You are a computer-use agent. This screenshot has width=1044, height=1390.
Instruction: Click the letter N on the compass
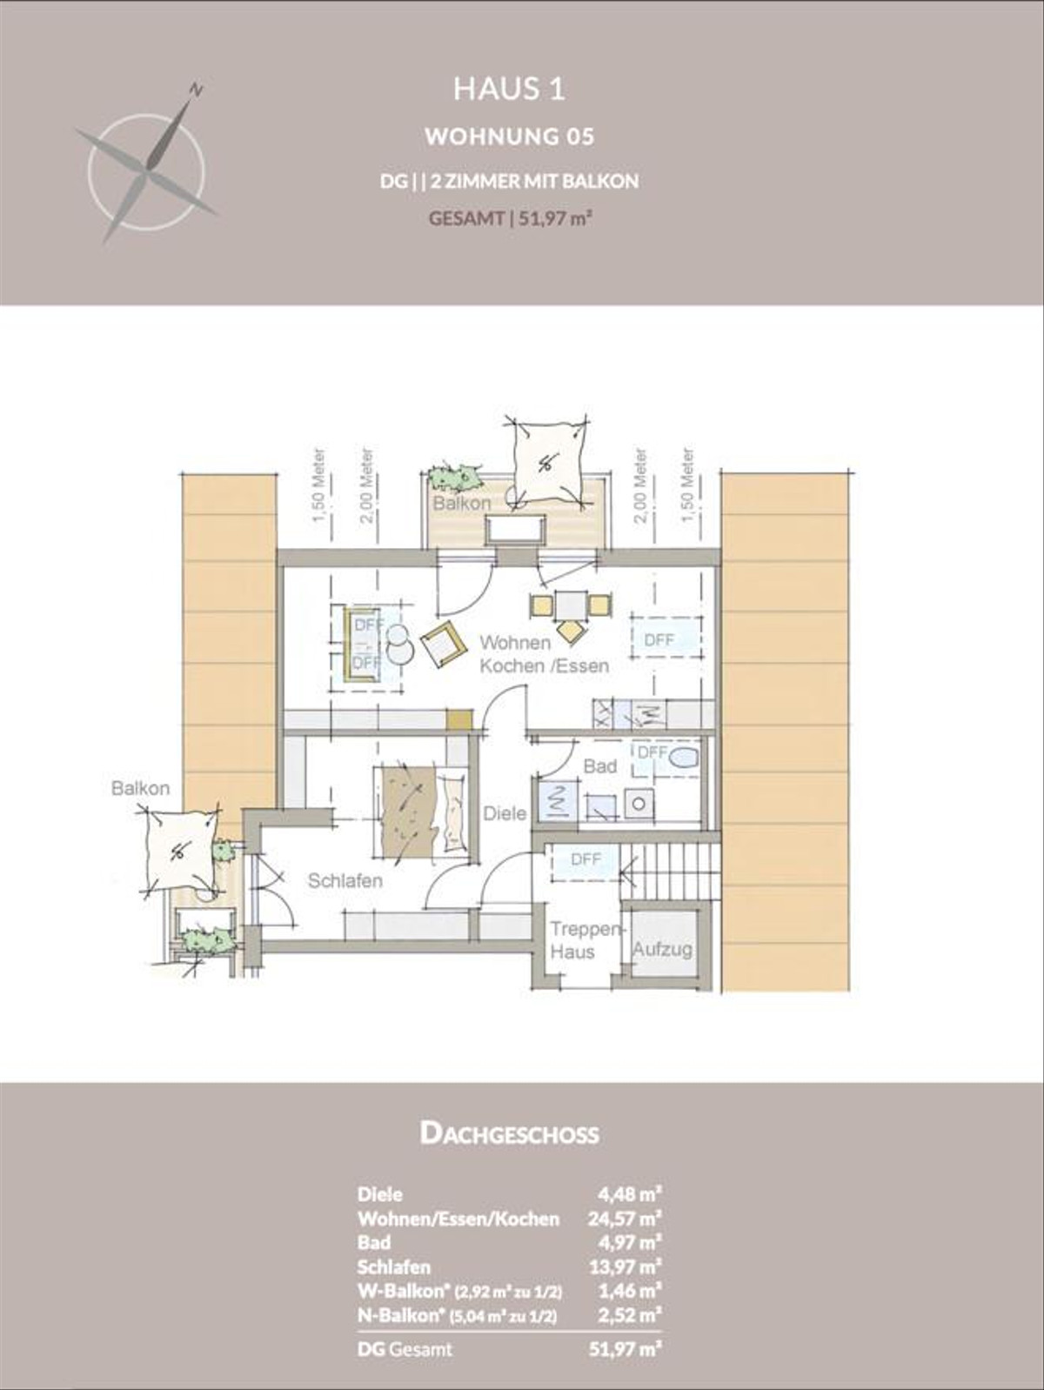pos(197,89)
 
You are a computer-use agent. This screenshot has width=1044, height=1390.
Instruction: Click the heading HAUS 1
pos(509,90)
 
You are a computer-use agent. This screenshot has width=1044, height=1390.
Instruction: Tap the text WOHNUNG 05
pos(509,137)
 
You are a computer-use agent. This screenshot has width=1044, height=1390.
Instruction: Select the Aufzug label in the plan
pos(662,949)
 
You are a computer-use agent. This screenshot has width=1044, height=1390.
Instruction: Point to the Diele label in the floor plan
pos(505,813)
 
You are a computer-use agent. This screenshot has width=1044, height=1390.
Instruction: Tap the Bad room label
pos(599,766)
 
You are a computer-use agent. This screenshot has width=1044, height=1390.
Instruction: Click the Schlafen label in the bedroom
pos(345,881)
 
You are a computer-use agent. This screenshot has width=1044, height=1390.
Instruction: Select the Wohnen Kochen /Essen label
pos(544,654)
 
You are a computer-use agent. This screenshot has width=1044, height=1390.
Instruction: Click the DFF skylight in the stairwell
pos(586,859)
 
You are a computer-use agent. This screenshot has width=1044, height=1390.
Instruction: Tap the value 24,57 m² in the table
pos(625,1219)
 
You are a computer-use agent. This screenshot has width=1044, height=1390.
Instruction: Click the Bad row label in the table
pos(374,1242)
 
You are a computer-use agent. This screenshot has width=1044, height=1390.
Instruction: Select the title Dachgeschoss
pos(509,1133)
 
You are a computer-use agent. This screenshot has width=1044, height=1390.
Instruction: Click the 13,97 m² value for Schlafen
pos(625,1266)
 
